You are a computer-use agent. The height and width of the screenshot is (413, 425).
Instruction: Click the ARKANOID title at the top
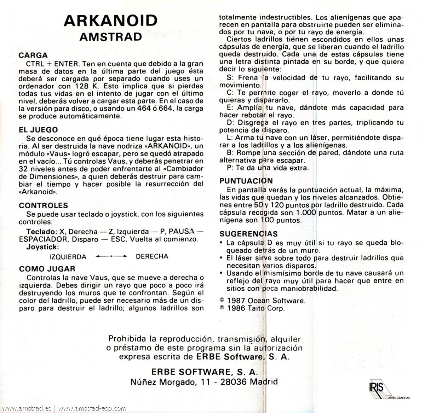pos(110,21)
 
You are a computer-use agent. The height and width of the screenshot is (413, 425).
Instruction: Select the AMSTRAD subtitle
pos(110,37)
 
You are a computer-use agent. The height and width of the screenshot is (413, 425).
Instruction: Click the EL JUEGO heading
pos(38,130)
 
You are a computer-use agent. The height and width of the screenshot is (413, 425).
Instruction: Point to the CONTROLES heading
pos(43,205)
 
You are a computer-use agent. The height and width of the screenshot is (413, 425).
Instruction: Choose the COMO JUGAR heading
pos(47,269)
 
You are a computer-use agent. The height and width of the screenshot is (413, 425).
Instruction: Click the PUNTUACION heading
pos(246,181)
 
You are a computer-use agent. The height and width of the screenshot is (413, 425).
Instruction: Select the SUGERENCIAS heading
pos(248,234)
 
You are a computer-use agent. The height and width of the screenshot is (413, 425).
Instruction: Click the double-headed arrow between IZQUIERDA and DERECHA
pos(111,256)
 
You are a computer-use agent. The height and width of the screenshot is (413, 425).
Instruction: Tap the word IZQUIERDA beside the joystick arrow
pos(68,256)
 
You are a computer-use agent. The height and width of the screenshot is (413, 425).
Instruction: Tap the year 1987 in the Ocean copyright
pos(236,301)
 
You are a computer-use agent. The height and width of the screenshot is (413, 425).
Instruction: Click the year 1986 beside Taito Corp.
pos(236,308)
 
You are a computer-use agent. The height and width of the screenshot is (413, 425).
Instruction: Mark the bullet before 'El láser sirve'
pos(221,258)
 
